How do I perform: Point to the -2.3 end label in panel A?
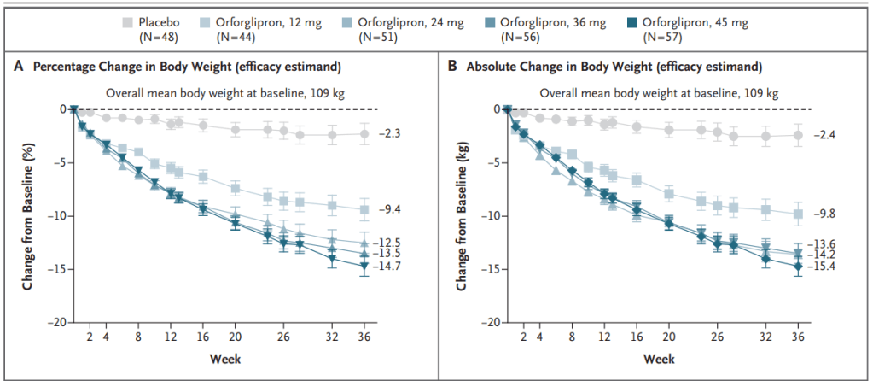388,134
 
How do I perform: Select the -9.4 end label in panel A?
388,209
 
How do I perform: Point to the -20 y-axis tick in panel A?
55,322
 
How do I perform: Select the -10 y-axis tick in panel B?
489,215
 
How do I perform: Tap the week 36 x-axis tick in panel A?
364,337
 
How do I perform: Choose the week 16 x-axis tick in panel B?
637,337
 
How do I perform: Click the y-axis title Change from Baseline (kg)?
462,215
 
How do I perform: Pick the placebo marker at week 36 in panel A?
364,133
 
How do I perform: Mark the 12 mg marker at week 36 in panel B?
798,214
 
